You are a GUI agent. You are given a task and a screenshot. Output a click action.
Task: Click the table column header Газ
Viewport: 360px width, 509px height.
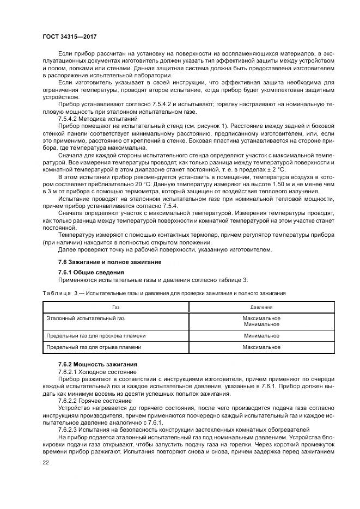click(116, 307)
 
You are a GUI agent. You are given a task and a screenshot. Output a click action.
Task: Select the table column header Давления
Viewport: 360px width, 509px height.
click(261, 307)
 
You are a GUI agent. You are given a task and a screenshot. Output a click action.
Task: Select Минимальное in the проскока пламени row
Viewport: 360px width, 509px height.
click(261, 336)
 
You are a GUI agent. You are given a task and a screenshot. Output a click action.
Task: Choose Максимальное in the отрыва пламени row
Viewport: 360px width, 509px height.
click(261, 347)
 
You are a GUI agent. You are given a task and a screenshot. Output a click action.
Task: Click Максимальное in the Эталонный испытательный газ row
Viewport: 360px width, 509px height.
click(261, 317)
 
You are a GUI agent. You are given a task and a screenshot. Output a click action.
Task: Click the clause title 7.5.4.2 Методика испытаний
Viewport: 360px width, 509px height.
click(97, 118)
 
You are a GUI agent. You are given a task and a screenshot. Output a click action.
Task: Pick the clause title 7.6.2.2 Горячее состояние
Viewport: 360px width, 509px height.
click(95, 399)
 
